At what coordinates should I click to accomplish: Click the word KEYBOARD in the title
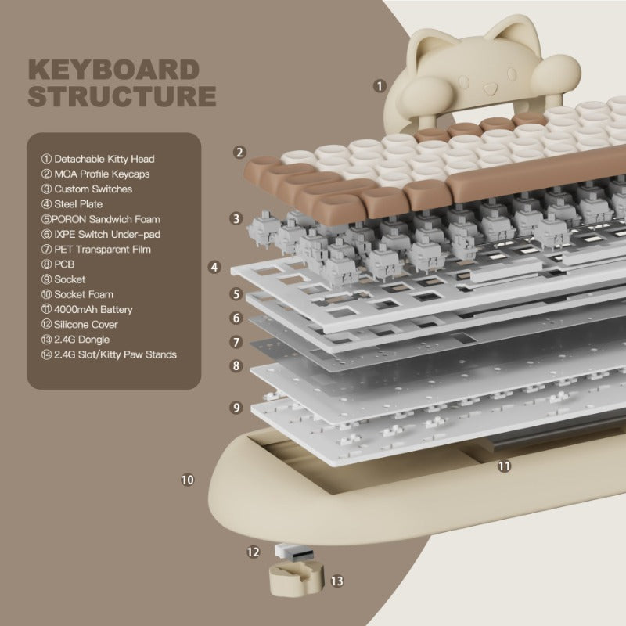pyautogui.click(x=113, y=70)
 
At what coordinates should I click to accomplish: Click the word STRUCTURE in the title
pyautogui.click(x=122, y=95)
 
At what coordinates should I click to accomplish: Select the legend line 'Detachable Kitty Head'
pyautogui.click(x=98, y=159)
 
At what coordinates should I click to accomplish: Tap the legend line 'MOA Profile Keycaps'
pyautogui.click(x=95, y=174)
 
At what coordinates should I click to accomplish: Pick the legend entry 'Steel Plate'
pyautogui.click(x=72, y=204)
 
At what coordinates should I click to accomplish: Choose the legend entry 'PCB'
pyautogui.click(x=58, y=264)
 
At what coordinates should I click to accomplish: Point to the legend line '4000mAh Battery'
pyautogui.click(x=87, y=309)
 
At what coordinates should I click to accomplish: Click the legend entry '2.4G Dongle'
pyautogui.click(x=75, y=340)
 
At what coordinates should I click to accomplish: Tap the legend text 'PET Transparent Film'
pyautogui.click(x=95, y=249)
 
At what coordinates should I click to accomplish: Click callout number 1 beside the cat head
pyautogui.click(x=380, y=86)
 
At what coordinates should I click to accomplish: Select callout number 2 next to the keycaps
pyautogui.click(x=239, y=152)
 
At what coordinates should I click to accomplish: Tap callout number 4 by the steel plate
pyautogui.click(x=214, y=267)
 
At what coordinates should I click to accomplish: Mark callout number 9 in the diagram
pyautogui.click(x=236, y=407)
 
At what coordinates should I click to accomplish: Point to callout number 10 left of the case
pyautogui.click(x=188, y=480)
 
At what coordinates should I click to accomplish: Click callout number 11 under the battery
pyautogui.click(x=504, y=466)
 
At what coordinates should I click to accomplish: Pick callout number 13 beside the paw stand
pyautogui.click(x=337, y=581)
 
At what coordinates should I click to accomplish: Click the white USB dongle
pyautogui.click(x=294, y=552)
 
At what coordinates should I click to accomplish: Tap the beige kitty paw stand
pyautogui.click(x=296, y=578)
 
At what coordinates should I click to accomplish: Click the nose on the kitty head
pyautogui.click(x=490, y=87)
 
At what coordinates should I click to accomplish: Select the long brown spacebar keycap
pyautogui.click(x=535, y=175)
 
